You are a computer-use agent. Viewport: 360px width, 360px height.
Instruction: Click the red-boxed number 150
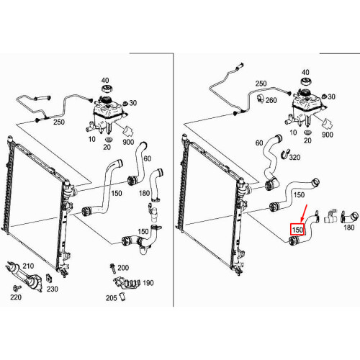[297, 230]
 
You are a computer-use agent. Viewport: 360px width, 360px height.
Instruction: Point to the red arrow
[304, 213]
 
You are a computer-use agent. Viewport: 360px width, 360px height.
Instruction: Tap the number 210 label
[28, 266]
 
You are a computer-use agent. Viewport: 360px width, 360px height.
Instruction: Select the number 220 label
[16, 297]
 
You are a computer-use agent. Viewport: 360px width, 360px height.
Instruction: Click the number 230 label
[53, 289]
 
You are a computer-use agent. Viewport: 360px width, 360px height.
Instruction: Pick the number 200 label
[123, 268]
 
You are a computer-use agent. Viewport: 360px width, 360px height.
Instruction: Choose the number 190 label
[148, 283]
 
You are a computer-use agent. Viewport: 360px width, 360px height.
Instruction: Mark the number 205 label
[112, 298]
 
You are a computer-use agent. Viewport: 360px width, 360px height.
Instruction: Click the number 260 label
[271, 100]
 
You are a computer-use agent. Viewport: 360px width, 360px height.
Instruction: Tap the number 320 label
[294, 157]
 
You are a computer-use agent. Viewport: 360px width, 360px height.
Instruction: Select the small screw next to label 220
[17, 287]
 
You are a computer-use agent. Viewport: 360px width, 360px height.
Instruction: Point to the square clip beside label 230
[49, 278]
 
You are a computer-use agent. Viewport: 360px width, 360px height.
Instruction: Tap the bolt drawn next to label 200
[112, 269]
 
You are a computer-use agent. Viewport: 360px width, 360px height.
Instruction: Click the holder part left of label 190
[127, 284]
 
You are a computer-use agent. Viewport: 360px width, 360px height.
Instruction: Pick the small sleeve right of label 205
[122, 297]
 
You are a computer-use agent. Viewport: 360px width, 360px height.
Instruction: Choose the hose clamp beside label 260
[261, 98]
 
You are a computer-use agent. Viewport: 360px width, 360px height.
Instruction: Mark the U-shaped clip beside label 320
[285, 153]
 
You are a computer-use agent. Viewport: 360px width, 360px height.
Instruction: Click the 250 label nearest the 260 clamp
[261, 84]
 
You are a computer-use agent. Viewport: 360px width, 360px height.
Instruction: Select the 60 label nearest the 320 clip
[259, 143]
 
